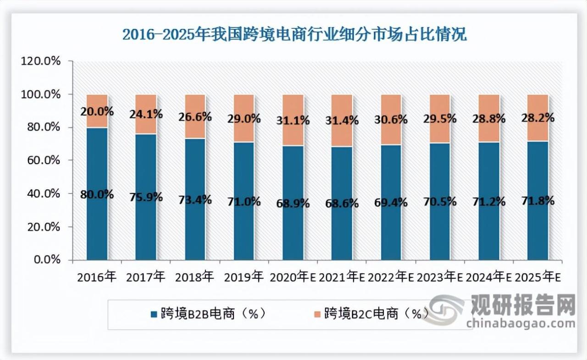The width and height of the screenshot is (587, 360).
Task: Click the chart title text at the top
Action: (x=294, y=35)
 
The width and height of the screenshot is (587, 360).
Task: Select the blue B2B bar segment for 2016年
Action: (x=97, y=229)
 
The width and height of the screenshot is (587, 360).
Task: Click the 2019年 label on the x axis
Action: (x=244, y=277)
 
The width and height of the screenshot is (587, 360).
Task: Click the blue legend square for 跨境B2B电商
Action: (x=154, y=314)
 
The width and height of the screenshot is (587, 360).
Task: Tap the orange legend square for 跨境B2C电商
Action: (x=317, y=314)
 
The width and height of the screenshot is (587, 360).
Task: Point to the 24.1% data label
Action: (x=146, y=114)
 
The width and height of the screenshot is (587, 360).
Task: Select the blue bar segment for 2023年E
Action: (x=440, y=229)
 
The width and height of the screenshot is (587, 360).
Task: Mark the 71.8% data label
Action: (x=537, y=201)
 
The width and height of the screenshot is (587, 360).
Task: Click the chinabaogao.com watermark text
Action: (x=521, y=323)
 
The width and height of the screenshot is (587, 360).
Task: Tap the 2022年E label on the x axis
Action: (x=391, y=277)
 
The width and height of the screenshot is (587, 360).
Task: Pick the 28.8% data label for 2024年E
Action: (x=489, y=119)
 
